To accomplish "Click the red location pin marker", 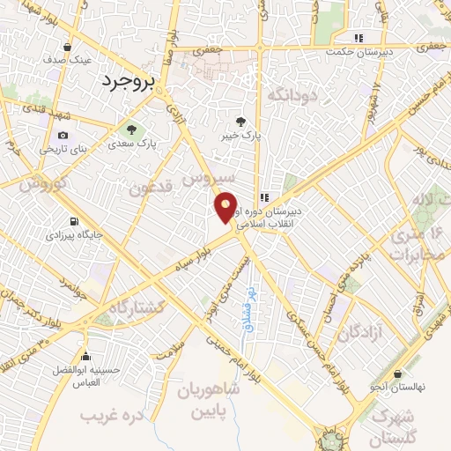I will click(x=226, y=207).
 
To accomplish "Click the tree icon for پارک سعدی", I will click(x=132, y=129).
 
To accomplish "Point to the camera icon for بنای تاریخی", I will click(x=63, y=135).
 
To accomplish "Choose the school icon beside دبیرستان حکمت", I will click(x=358, y=38).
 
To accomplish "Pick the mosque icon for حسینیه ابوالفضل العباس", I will click(x=85, y=357).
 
